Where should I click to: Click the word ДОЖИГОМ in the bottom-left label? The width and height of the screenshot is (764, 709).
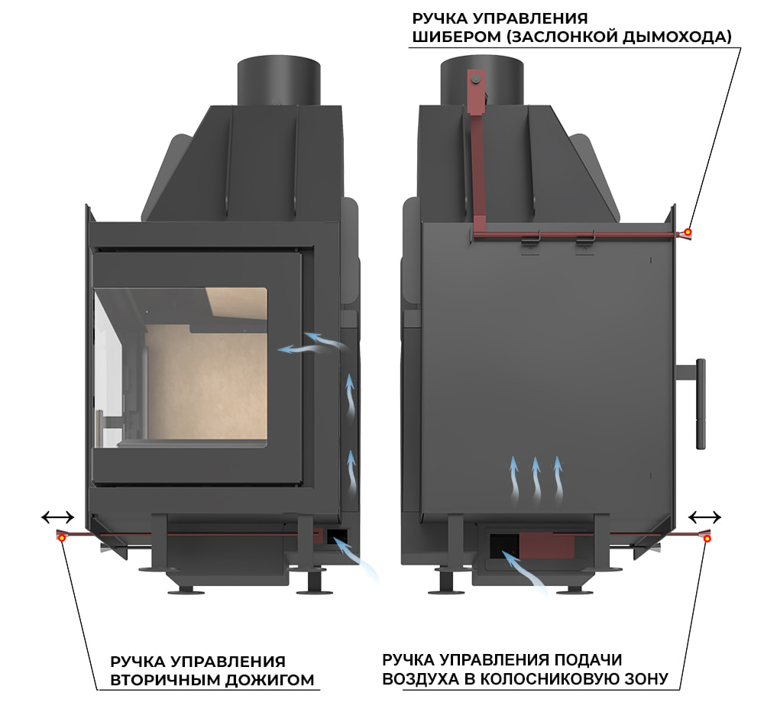click(x=273, y=679)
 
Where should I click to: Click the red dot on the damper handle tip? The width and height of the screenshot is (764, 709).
click(x=688, y=232)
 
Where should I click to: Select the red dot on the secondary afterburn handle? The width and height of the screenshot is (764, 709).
click(x=61, y=538)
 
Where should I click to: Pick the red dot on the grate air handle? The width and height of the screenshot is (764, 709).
click(x=707, y=539)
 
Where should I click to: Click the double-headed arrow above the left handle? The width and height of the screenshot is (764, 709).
click(x=57, y=517)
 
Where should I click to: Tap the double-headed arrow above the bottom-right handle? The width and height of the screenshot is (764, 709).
click(x=704, y=516)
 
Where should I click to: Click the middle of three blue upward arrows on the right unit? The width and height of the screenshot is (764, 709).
click(x=536, y=478)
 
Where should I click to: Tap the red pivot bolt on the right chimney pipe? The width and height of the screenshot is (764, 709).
click(x=475, y=79)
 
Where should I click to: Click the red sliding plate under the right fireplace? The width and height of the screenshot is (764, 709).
click(x=547, y=545)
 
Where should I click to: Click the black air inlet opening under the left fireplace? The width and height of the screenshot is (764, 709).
click(x=337, y=536)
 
